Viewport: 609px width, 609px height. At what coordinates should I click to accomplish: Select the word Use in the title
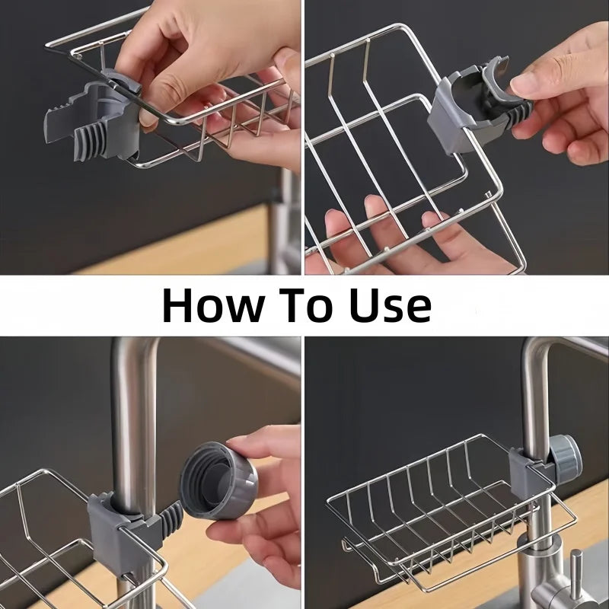pos(389,305)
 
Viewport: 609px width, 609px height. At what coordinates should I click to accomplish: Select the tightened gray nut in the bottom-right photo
pos(564,458)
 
